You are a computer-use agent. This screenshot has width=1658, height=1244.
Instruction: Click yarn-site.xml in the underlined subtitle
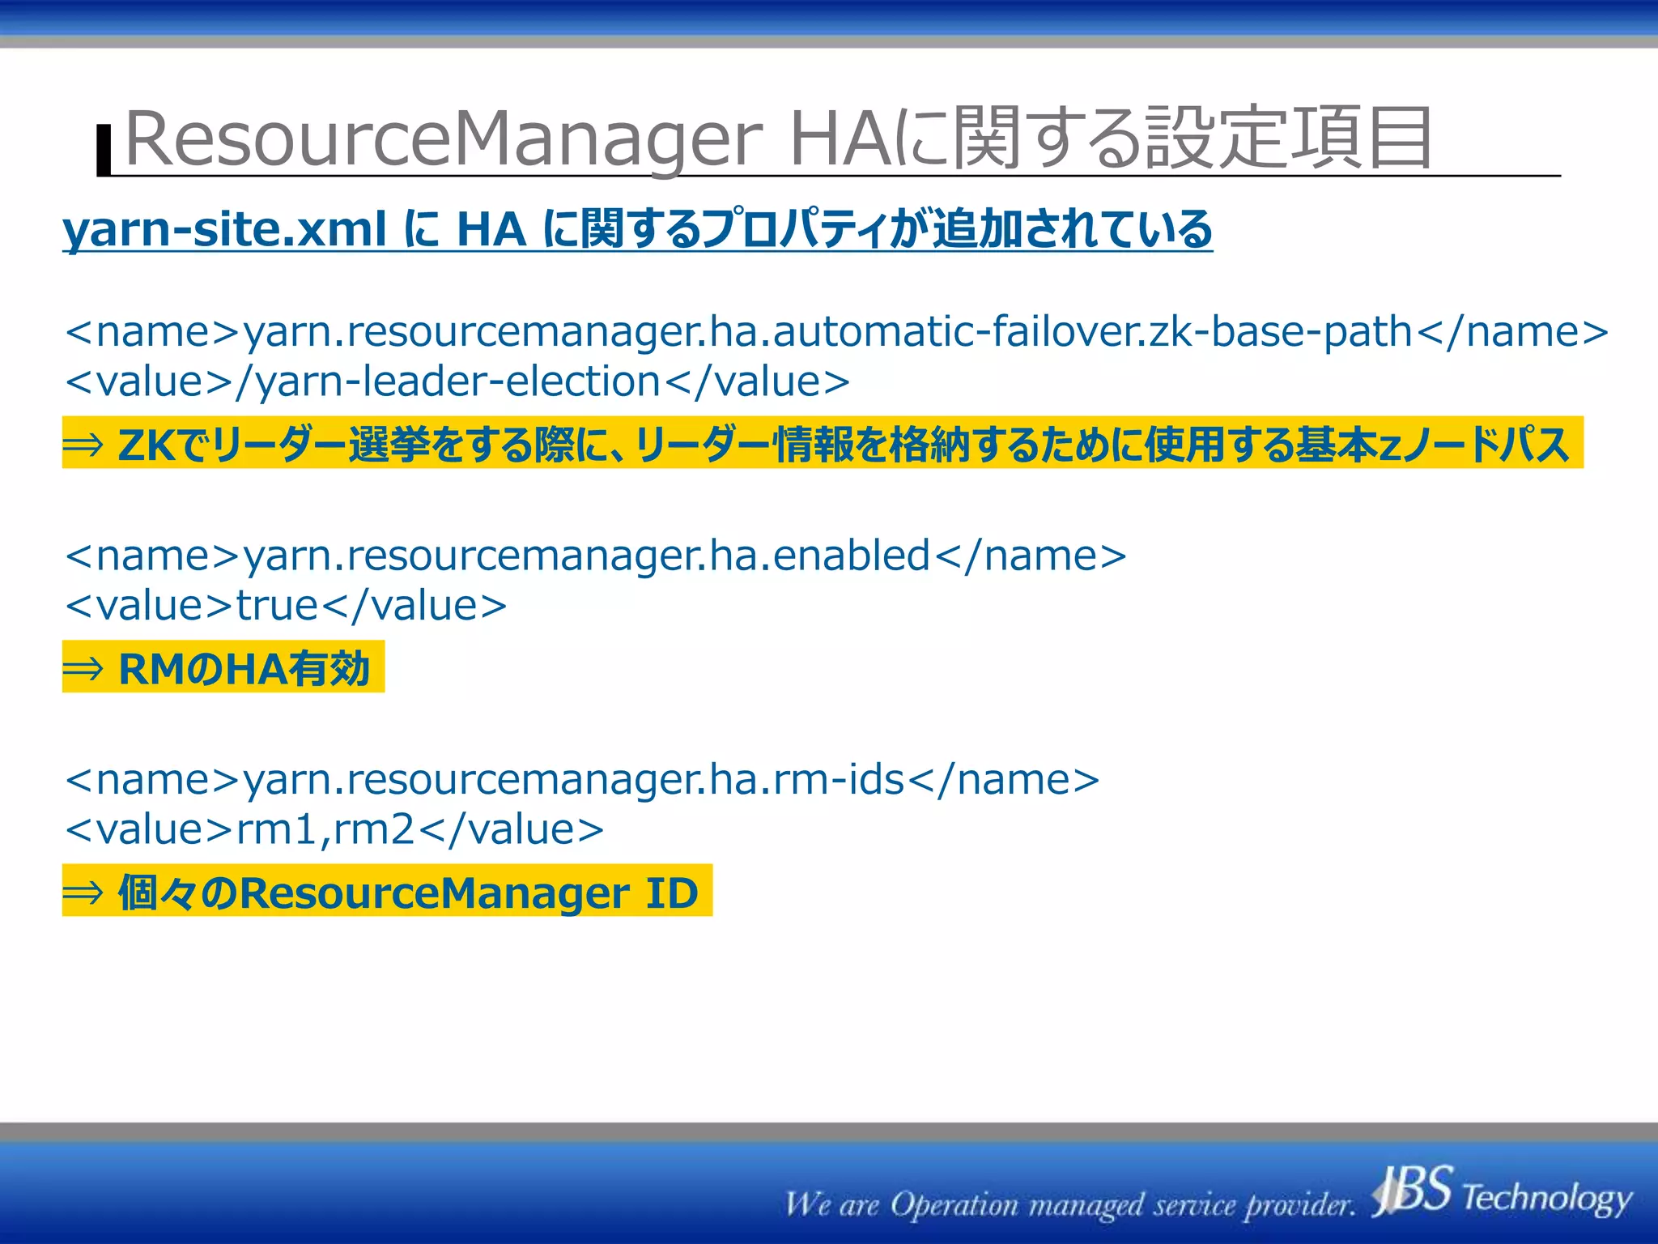[x=224, y=229]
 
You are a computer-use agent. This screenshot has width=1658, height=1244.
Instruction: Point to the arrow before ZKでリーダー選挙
[x=83, y=444]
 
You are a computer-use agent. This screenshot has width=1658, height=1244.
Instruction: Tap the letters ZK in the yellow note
[x=146, y=445]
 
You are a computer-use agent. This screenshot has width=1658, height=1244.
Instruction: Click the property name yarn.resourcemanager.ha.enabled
[x=586, y=556]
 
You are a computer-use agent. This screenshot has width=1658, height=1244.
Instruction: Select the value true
[x=278, y=606]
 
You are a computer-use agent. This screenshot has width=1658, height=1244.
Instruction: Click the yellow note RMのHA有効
[x=243, y=668]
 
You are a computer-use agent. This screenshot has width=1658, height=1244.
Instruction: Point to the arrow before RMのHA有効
[x=83, y=668]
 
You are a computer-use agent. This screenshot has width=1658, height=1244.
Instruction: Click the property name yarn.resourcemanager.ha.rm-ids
[x=573, y=780]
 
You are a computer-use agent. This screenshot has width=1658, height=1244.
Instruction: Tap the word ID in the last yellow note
[x=671, y=893]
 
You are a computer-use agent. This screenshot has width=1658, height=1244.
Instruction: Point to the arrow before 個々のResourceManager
[x=83, y=893]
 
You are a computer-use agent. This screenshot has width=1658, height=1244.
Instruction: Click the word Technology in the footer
[x=1546, y=1197]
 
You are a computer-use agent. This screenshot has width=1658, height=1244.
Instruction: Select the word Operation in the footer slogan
[x=954, y=1205]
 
